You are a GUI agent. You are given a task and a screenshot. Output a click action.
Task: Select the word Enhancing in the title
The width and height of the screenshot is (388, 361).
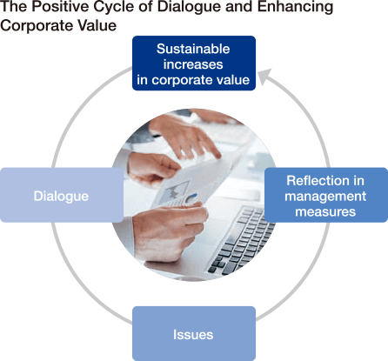[295, 8]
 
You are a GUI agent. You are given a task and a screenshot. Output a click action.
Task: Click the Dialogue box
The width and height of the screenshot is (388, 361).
[62, 195]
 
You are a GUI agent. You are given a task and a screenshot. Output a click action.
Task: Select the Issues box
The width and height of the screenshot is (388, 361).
[194, 333]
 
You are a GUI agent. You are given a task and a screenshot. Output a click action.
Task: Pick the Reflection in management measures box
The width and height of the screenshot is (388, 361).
[326, 195]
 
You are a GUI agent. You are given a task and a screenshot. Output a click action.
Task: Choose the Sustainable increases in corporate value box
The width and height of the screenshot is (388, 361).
[194, 64]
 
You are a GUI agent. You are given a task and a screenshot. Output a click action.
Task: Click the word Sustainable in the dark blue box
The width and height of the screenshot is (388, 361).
[193, 49]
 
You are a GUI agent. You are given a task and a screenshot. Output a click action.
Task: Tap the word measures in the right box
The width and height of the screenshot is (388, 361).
[325, 211]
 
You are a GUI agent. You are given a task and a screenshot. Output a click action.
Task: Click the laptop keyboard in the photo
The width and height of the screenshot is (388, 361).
[241, 241]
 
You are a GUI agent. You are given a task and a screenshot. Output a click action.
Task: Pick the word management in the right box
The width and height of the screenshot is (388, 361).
[325, 197]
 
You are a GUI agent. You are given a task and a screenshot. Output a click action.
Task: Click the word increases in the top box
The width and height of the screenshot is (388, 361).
[193, 64]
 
